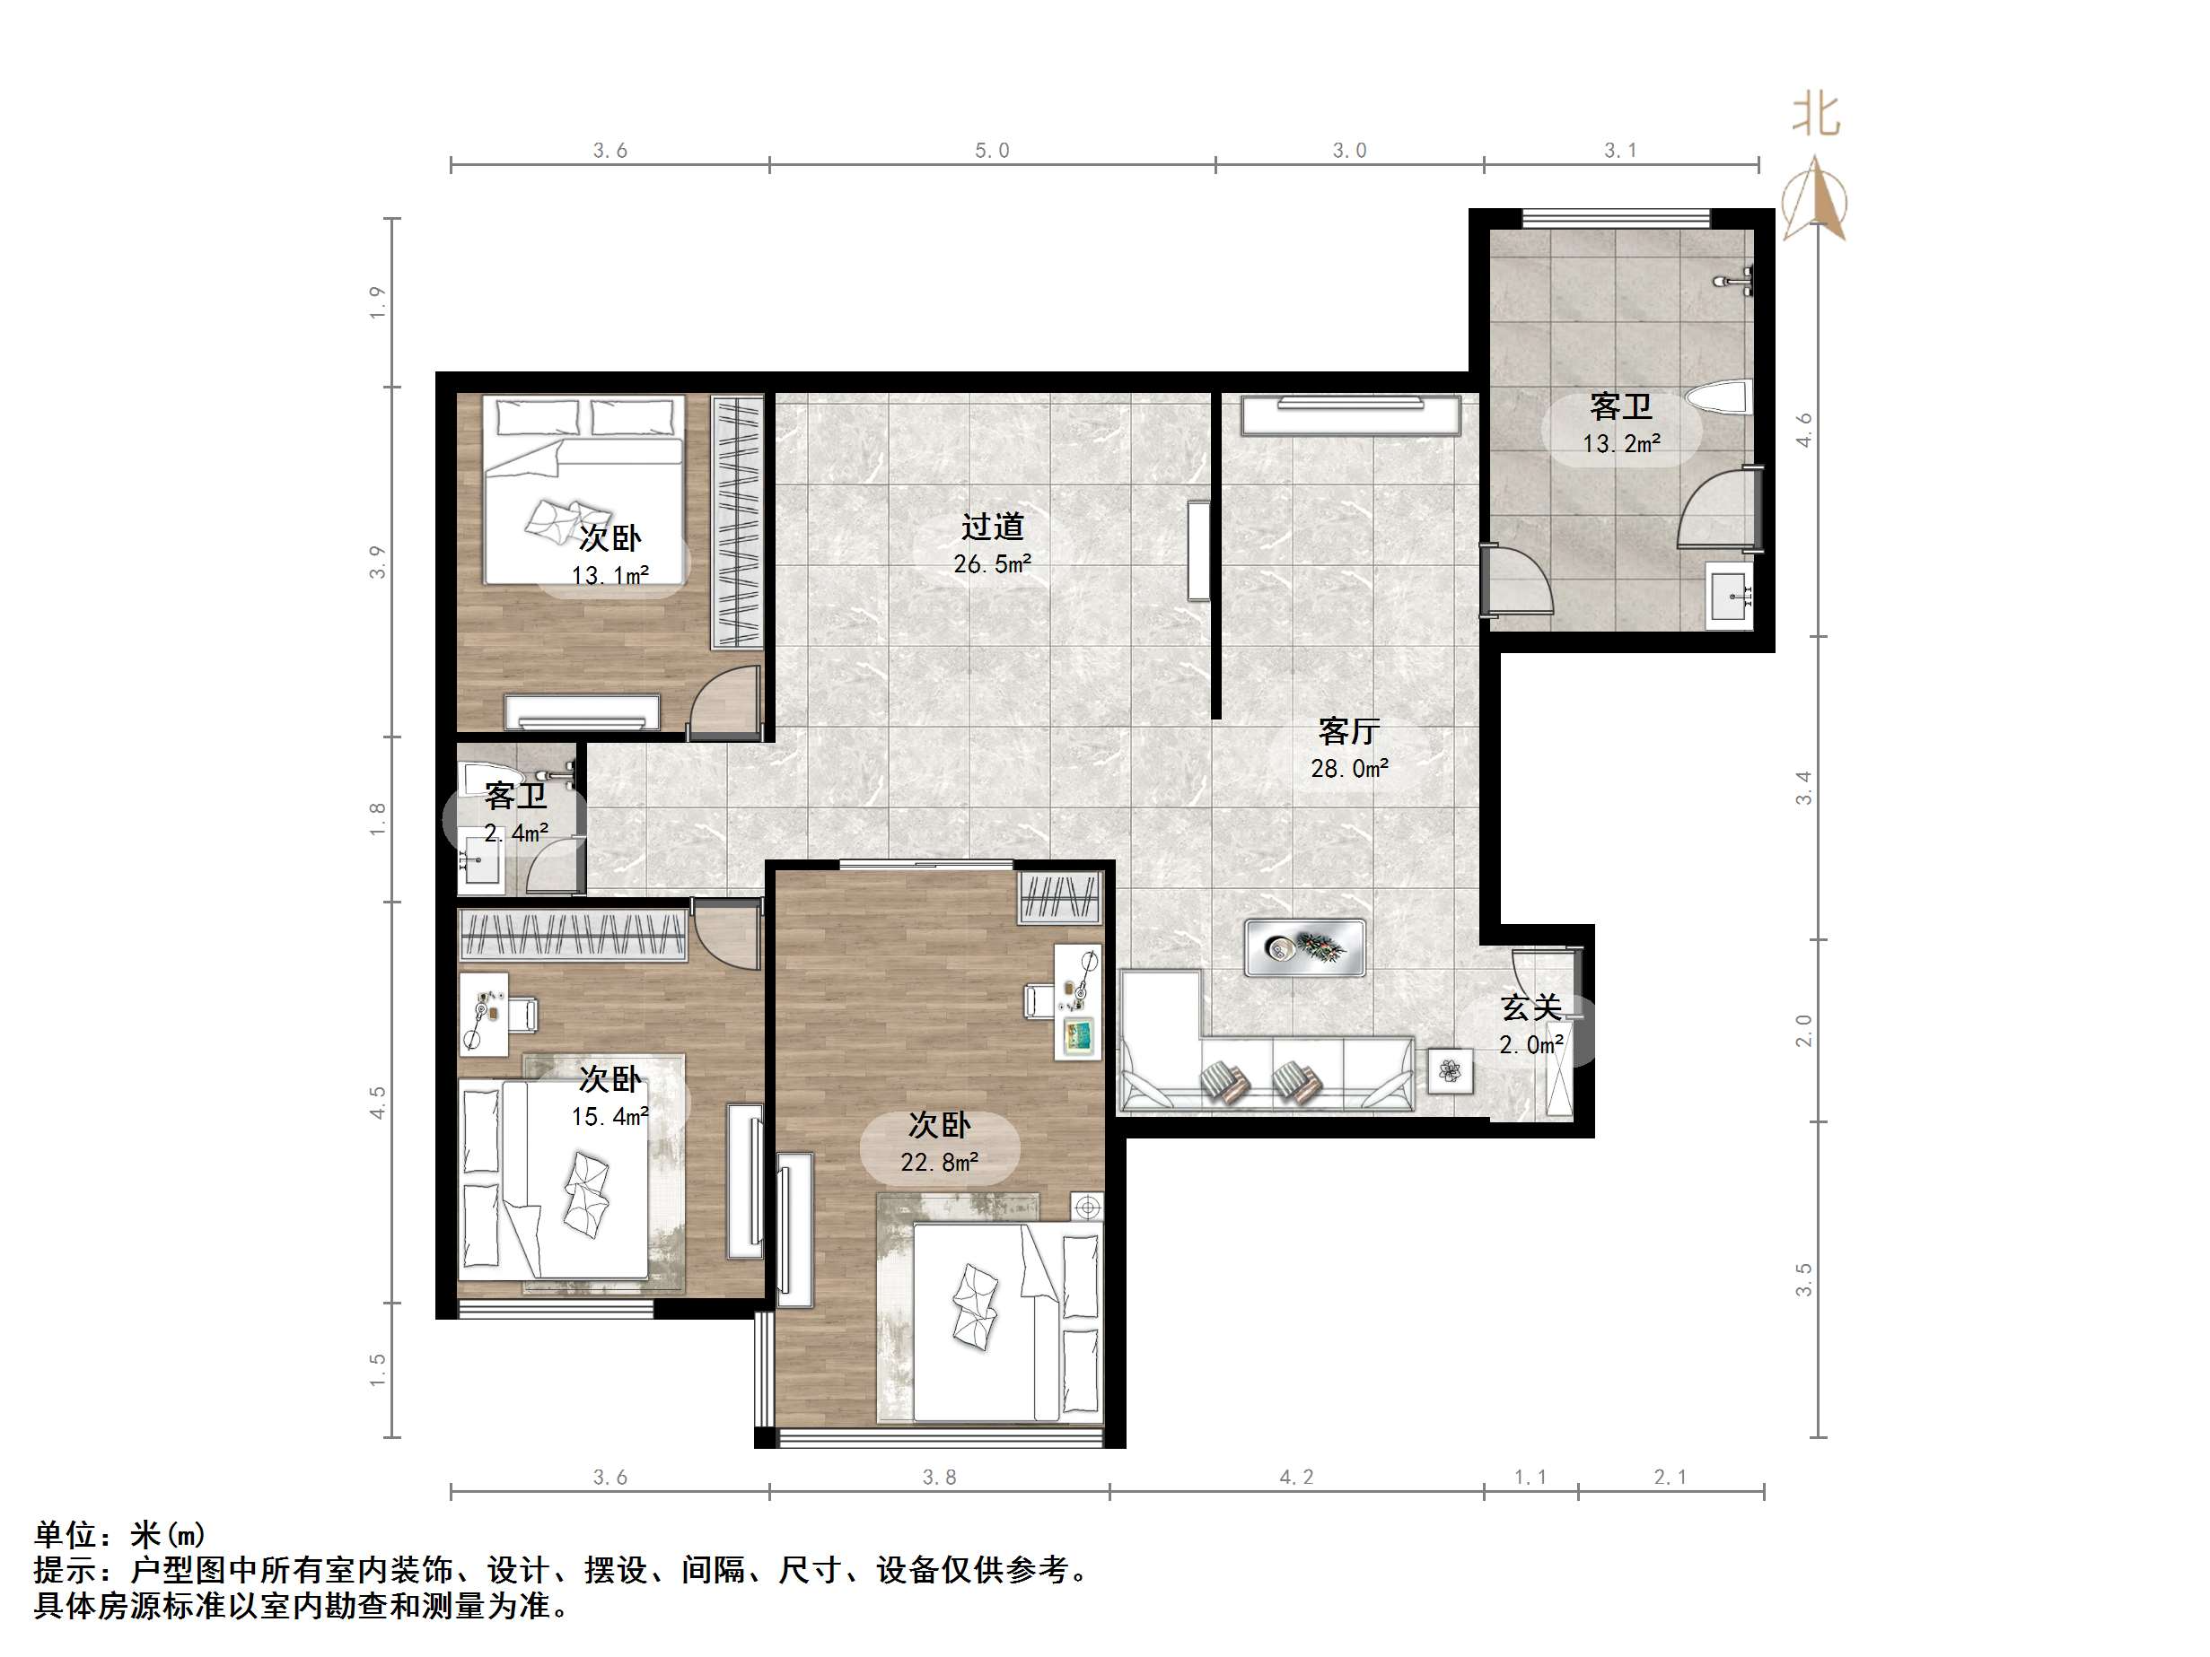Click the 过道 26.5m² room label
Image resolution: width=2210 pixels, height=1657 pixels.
click(992, 545)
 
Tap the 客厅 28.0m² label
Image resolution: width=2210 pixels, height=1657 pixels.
click(1349, 749)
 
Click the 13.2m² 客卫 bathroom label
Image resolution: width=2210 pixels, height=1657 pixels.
click(1620, 424)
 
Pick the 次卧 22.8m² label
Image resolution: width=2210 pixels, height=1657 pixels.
click(939, 1144)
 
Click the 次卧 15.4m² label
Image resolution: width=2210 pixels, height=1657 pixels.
click(610, 1096)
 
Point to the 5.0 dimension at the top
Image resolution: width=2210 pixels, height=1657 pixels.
click(992, 151)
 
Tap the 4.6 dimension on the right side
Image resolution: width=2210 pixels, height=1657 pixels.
click(1803, 430)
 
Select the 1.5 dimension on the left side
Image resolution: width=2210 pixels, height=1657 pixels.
click(378, 1369)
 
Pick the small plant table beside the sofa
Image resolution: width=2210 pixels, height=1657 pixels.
click(1450, 1072)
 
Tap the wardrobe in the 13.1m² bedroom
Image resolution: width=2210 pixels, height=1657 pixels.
click(737, 521)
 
